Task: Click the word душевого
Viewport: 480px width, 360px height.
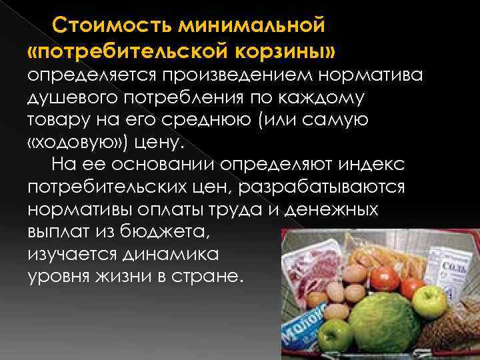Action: [68, 99]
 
